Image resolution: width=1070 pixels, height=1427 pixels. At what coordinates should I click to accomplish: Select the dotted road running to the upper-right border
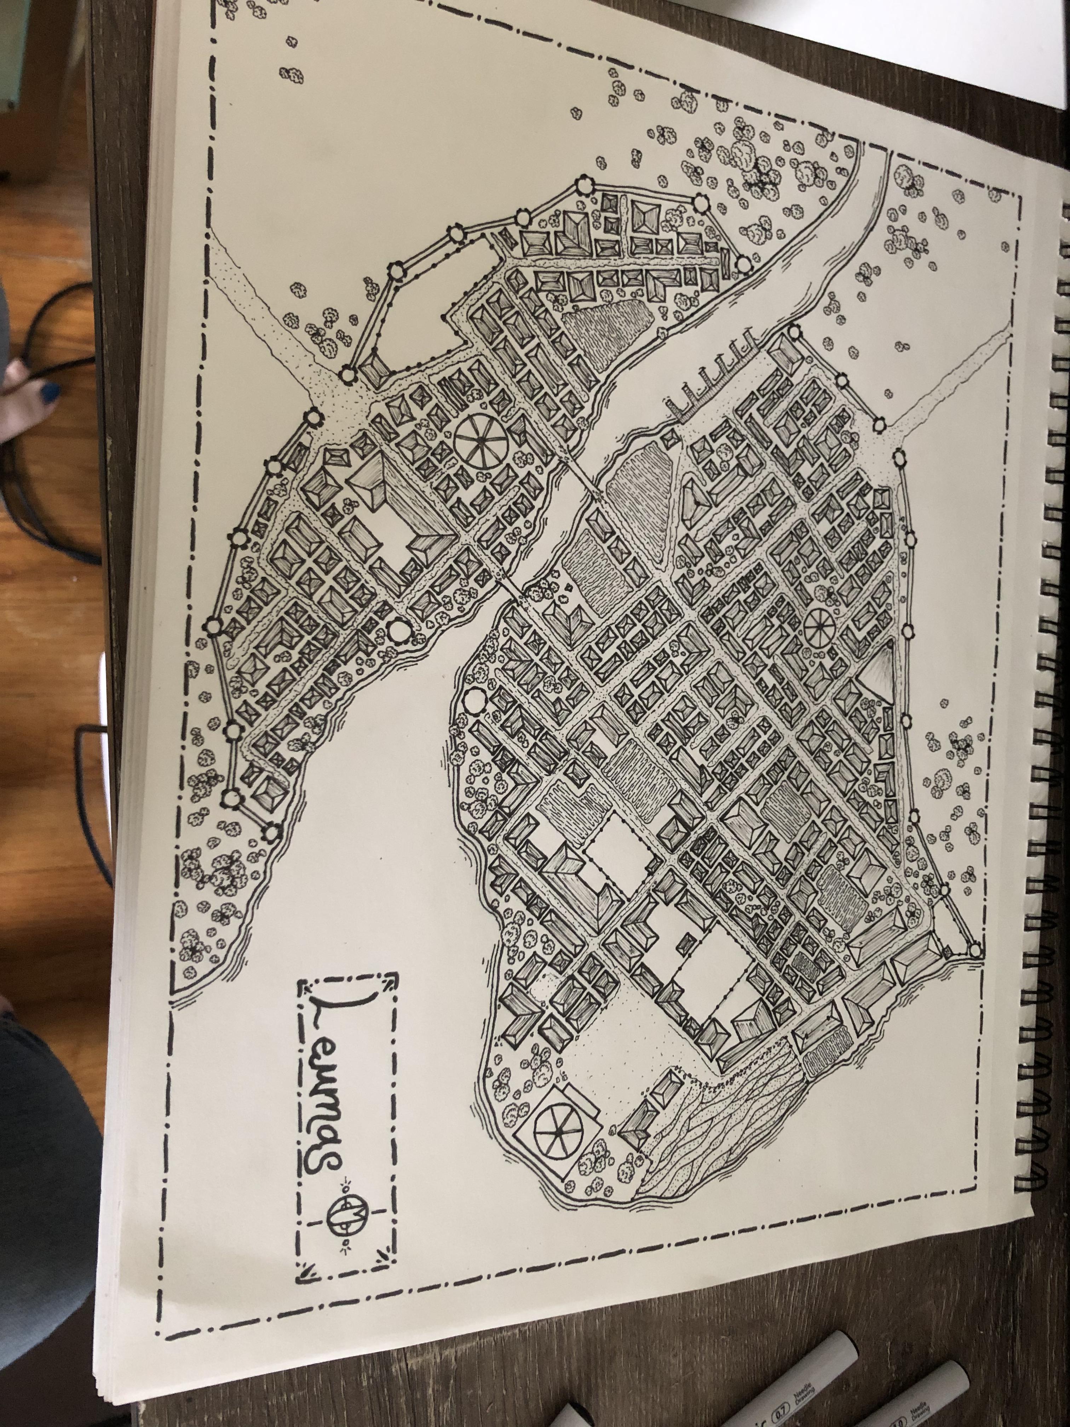click(955, 374)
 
